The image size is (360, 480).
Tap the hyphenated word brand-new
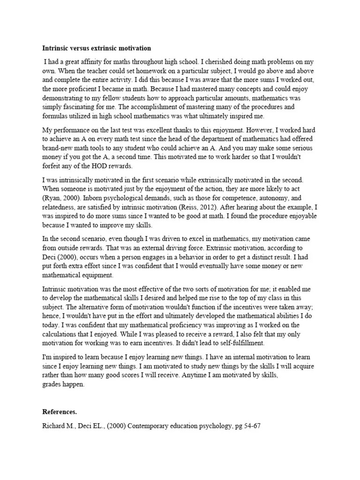60,149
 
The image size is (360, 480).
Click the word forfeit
52,166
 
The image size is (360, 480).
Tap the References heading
60,412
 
